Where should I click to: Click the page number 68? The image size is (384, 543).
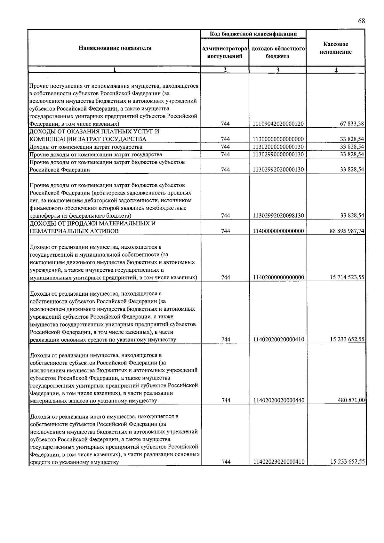[x=361, y=21]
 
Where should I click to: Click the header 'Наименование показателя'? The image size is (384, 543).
[x=115, y=48]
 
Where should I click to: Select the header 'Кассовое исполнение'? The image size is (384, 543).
[x=336, y=48]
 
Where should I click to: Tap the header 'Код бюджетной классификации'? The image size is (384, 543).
[x=253, y=34]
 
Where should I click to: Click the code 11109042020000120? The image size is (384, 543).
[x=278, y=124]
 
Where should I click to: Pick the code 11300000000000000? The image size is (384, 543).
[x=278, y=139]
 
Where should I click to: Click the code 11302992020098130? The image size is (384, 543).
[x=278, y=216]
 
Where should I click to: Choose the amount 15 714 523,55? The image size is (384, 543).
[x=347, y=277]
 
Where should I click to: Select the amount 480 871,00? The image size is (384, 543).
[x=351, y=400]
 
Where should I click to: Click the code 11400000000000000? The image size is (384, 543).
[x=278, y=231]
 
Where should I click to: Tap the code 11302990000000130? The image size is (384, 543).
[x=278, y=155]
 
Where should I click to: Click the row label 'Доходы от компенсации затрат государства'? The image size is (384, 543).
[x=86, y=147]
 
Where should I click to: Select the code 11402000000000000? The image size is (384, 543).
[x=278, y=277]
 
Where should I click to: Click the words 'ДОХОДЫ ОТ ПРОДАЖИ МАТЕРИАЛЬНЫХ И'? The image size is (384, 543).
[x=92, y=223]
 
